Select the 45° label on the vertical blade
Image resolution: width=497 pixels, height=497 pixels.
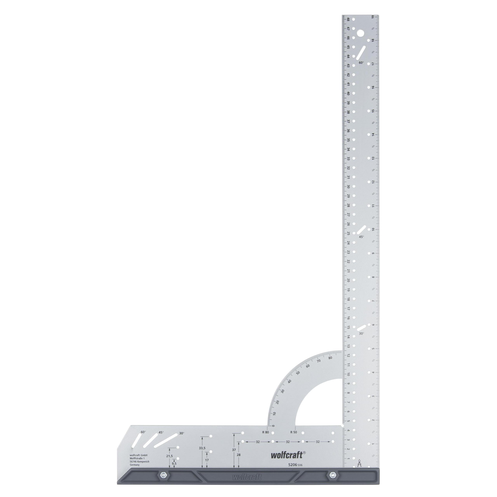click(361, 237)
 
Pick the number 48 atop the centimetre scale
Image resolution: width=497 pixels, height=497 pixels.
click(348, 19)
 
